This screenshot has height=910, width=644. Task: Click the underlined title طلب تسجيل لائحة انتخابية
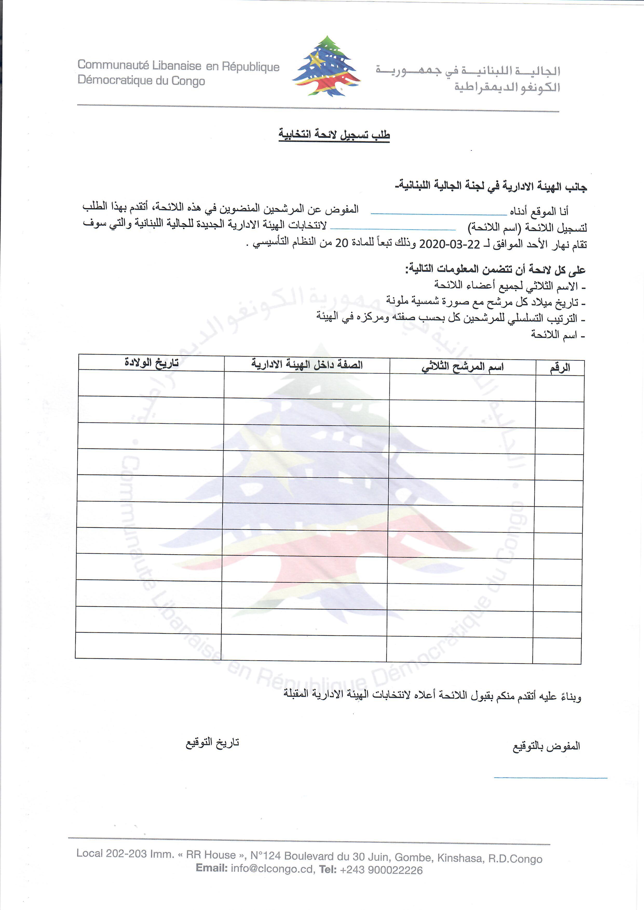334,134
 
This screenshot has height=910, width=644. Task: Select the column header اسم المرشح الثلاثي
462,367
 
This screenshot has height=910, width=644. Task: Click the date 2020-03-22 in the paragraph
449,243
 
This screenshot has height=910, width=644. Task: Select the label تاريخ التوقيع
213,742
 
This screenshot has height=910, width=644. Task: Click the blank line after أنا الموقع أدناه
439,214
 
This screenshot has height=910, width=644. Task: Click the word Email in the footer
211,868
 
